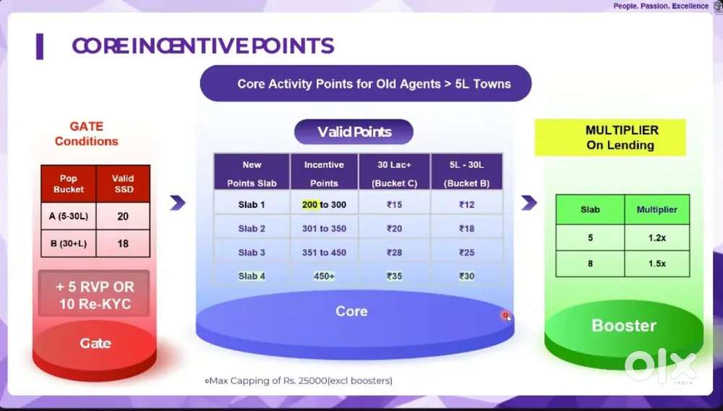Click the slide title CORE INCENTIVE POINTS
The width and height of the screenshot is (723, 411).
tap(203, 46)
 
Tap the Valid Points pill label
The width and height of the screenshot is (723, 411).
tap(354, 132)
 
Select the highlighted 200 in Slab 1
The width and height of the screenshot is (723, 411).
tap(309, 205)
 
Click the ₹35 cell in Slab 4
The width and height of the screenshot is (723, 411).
tap(394, 276)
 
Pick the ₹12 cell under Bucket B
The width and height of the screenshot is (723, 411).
tap(466, 205)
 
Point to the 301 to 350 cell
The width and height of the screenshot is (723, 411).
tap(324, 229)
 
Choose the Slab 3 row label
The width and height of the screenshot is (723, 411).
tap(252, 253)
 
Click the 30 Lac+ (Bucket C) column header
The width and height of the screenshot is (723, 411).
tap(394, 174)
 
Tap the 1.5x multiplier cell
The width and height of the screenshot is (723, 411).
tap(656, 264)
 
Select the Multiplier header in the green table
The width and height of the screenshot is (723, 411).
tap(656, 209)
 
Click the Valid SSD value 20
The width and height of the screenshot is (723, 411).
tap(123, 216)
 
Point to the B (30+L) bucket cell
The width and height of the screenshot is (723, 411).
tap(69, 244)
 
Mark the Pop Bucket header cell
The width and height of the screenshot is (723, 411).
tap(69, 184)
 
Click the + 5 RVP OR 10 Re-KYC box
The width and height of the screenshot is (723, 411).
tap(94, 295)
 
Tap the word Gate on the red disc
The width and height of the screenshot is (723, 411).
tap(95, 343)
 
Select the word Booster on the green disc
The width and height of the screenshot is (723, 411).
tap(624, 326)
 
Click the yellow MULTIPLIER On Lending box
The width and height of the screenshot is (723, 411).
tap(610, 137)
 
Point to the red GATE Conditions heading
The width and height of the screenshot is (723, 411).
tap(86, 134)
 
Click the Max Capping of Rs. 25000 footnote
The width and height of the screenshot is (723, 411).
tap(299, 381)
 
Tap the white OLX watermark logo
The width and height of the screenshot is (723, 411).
tap(660, 367)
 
